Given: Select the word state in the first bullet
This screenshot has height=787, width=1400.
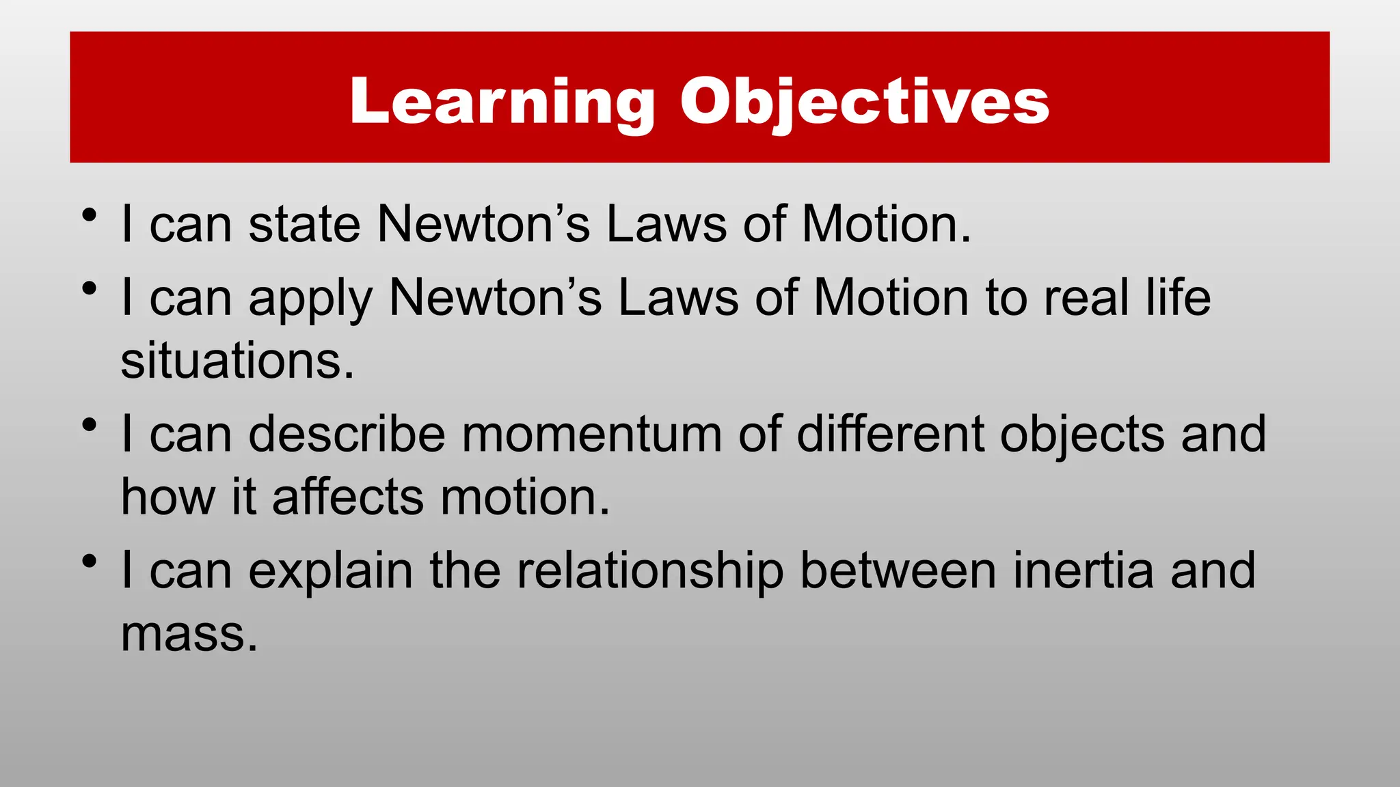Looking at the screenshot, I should [x=304, y=224].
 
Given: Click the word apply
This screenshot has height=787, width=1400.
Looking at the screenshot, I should [x=310, y=299].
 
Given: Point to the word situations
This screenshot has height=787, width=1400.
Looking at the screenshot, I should [x=237, y=361].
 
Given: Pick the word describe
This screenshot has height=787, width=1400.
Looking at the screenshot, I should [x=347, y=434].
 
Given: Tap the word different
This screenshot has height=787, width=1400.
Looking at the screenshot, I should [x=890, y=434].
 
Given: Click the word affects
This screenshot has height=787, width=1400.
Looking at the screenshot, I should [x=348, y=497].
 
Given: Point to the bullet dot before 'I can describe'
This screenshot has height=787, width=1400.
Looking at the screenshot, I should [x=88, y=426].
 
